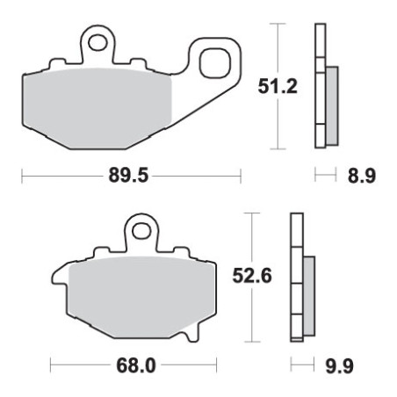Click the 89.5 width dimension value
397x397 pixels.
click(x=128, y=176)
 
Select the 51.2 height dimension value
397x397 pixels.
click(x=278, y=86)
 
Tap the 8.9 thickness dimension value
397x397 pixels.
click(x=362, y=176)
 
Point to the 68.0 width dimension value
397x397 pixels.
click(x=136, y=365)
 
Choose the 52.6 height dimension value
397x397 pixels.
click(x=252, y=276)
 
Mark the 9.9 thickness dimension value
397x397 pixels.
click(x=340, y=365)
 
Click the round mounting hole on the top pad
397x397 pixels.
click(x=97, y=43)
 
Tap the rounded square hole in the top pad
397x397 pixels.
click(x=215, y=63)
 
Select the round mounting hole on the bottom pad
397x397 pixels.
click(x=141, y=232)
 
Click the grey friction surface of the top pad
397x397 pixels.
click(x=97, y=108)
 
